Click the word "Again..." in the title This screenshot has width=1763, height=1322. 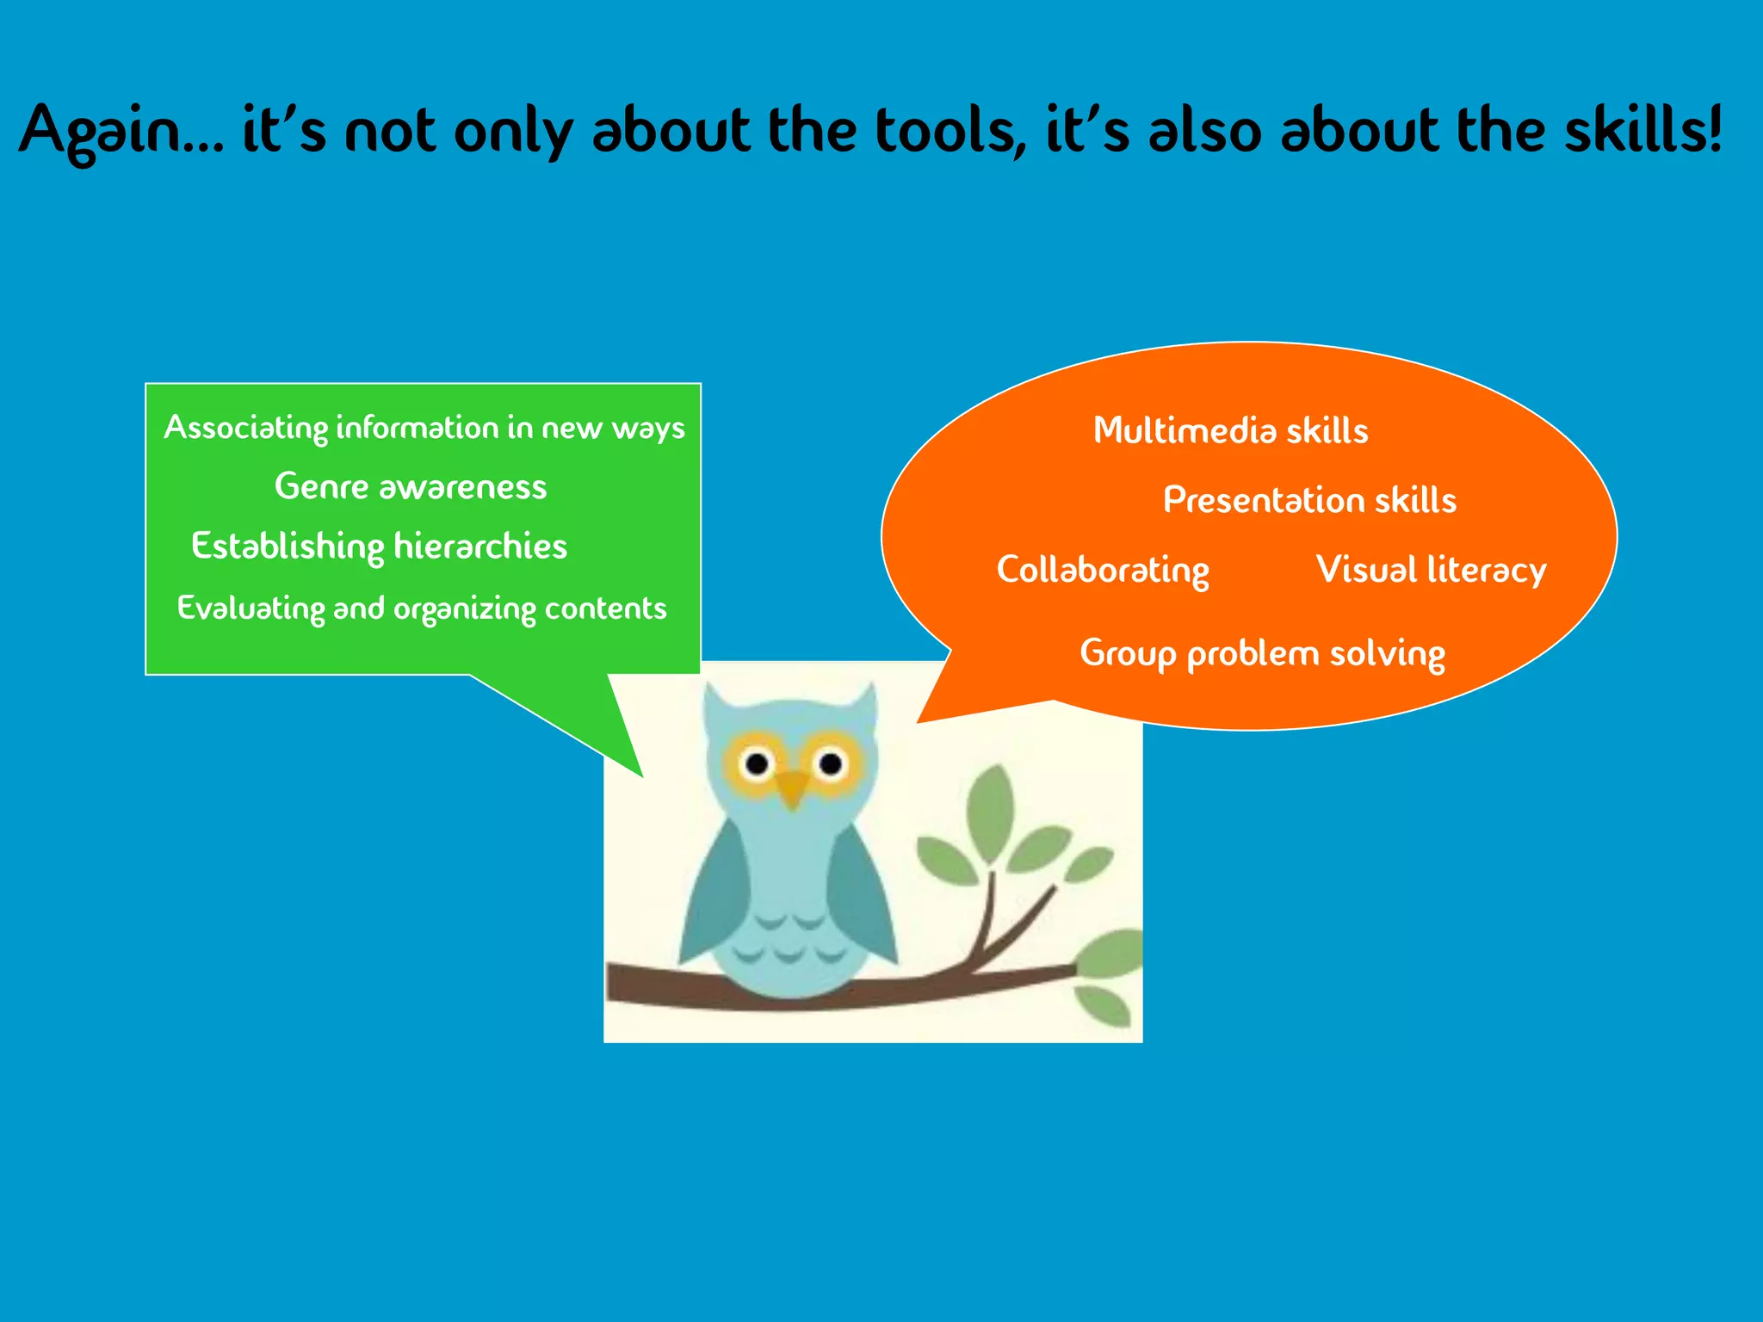tap(121, 131)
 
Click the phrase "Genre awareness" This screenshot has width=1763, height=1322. tap(411, 487)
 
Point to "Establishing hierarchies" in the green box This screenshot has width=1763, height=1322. tap(379, 547)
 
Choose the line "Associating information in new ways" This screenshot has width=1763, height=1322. tap(424, 428)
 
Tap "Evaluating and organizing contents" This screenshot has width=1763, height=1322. tap(422, 608)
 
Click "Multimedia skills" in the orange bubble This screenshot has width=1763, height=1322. tap(1230, 431)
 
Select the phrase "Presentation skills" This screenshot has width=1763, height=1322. tap(1309, 501)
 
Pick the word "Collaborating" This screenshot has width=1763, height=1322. tap(1103, 571)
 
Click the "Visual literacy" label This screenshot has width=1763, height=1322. tap(1431, 571)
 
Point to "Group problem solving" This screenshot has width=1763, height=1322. tap(1262, 654)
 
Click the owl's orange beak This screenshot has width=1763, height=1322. tap(793, 788)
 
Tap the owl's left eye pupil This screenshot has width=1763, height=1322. tap(758, 763)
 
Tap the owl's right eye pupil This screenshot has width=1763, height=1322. tap(831, 763)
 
